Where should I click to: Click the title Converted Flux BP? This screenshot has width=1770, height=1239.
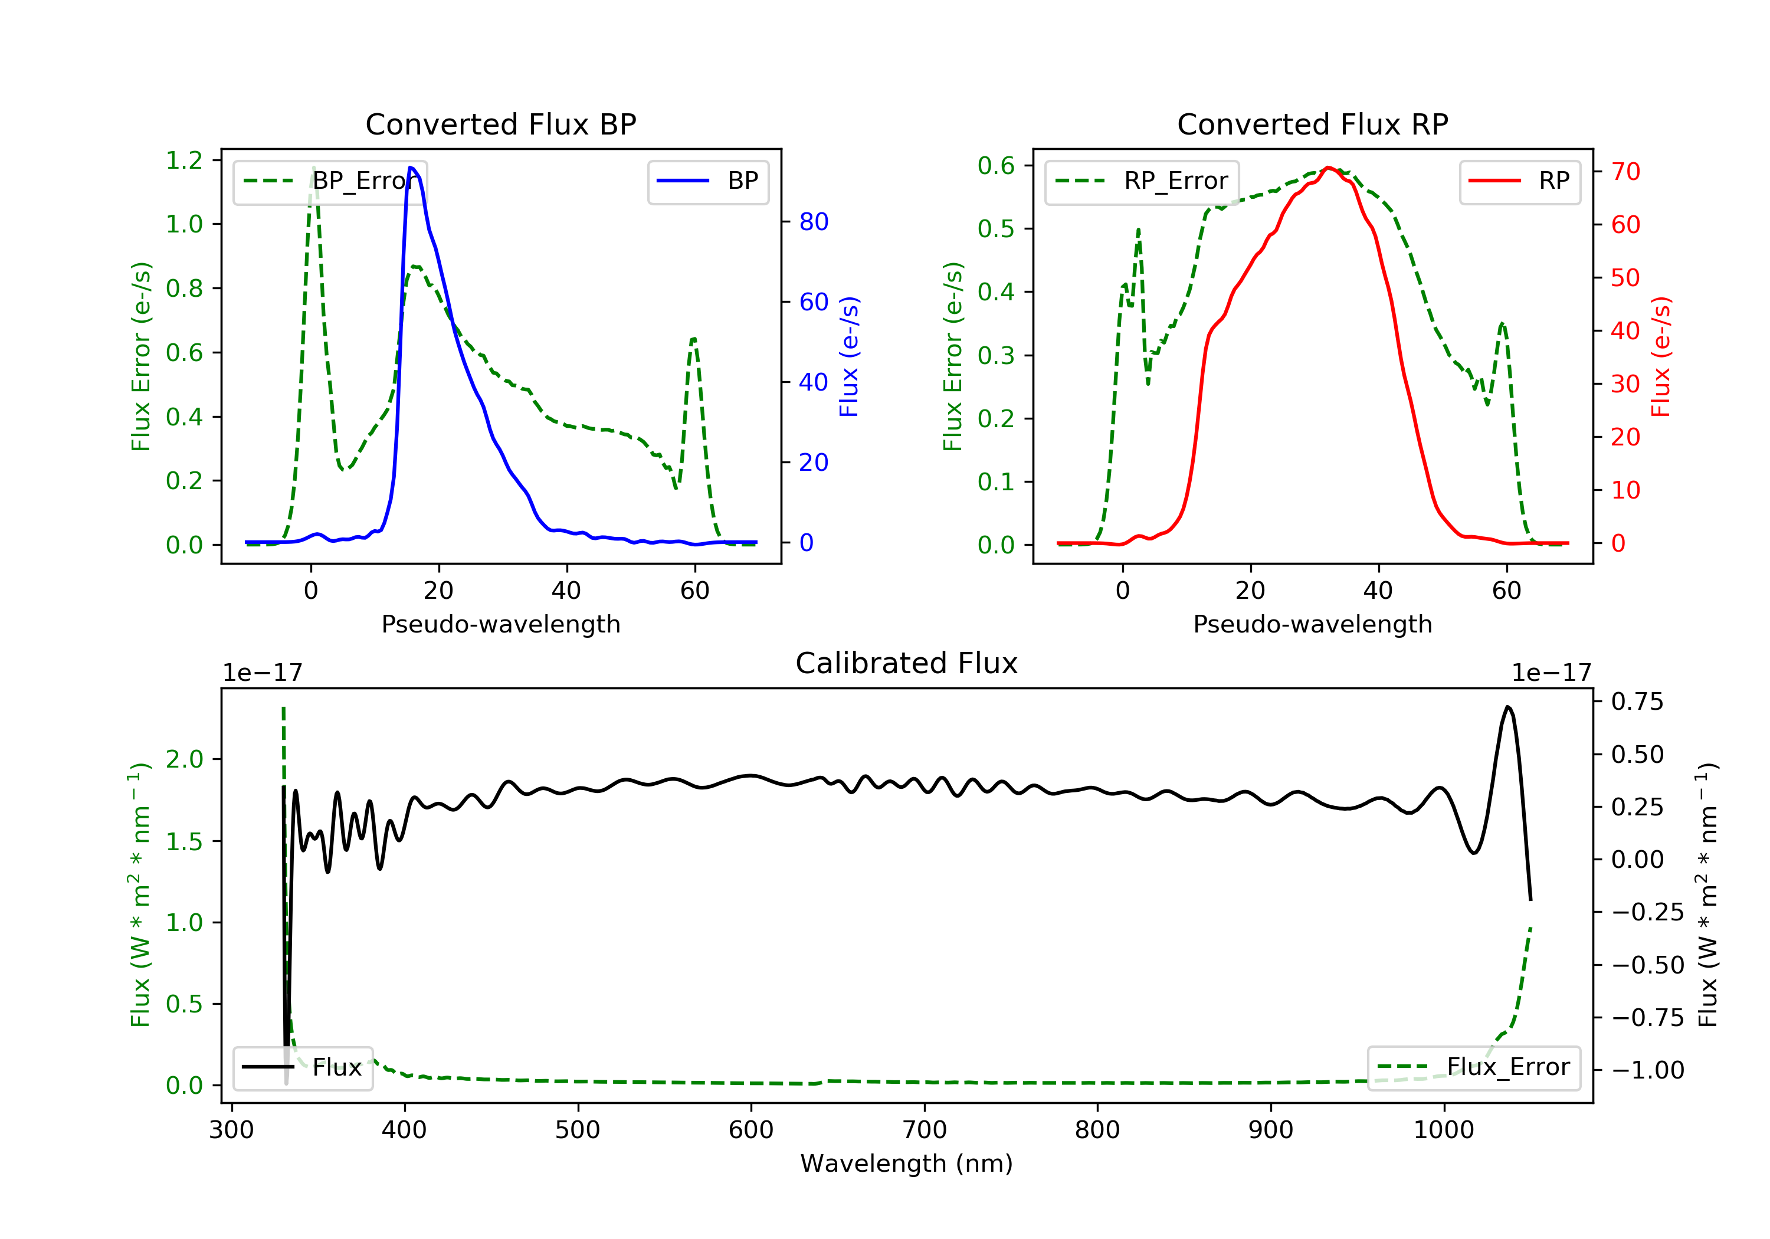click(x=500, y=124)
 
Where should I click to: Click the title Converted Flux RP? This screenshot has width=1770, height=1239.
click(x=1312, y=124)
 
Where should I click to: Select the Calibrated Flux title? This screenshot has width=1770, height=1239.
click(x=907, y=663)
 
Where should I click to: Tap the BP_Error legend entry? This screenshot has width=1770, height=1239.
click(x=330, y=181)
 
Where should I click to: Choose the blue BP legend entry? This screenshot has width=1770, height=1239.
click(x=707, y=181)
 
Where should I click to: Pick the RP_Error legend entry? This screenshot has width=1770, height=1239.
click(x=1142, y=181)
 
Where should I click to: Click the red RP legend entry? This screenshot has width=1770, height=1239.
click(x=1519, y=181)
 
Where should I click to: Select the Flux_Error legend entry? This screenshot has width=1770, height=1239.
click(x=1473, y=1067)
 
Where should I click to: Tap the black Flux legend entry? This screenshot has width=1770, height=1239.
click(x=303, y=1067)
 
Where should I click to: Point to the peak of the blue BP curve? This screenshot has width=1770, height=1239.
click(x=411, y=168)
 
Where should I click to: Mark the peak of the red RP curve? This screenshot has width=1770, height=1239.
click(x=1327, y=168)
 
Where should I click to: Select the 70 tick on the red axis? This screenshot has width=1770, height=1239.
click(x=1626, y=171)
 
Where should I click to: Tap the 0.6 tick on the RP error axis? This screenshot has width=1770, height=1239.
click(x=996, y=165)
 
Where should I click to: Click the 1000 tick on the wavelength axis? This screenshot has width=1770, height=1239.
click(x=1444, y=1130)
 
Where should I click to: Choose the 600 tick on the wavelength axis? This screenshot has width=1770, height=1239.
click(x=751, y=1130)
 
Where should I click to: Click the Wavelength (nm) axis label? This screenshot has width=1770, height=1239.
click(x=907, y=1163)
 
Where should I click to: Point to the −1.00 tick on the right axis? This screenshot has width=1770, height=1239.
click(x=1647, y=1070)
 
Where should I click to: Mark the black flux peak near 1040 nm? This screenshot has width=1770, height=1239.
click(x=1508, y=706)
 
